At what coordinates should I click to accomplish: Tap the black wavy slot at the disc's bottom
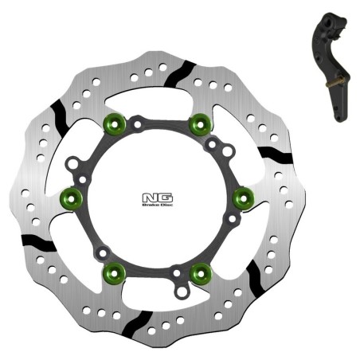tap(137, 323)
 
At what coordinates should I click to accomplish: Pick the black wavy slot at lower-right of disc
tap(256, 276)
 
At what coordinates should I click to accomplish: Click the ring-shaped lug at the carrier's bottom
tap(182, 292)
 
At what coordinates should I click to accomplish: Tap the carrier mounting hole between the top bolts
tap(138, 124)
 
